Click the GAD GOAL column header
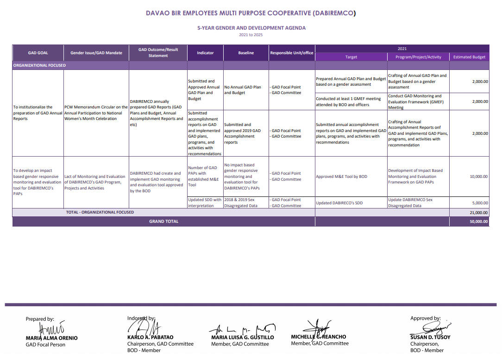(38, 53)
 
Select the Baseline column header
(246, 53)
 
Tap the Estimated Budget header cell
(469, 57)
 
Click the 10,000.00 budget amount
(479, 177)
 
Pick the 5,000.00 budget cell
(480, 203)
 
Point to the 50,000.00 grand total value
(478, 221)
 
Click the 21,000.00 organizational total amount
(479, 212)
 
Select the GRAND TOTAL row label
(163, 221)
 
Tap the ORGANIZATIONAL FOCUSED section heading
(40, 65)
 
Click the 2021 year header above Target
(402, 48)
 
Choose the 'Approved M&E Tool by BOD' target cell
(341, 177)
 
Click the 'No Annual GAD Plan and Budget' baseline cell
(243, 90)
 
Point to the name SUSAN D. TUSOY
(430, 337)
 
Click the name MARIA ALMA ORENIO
(51, 338)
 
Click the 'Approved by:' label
(425, 318)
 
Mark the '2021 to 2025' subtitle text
(251, 35)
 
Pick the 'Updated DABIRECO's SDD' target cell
(339, 203)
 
